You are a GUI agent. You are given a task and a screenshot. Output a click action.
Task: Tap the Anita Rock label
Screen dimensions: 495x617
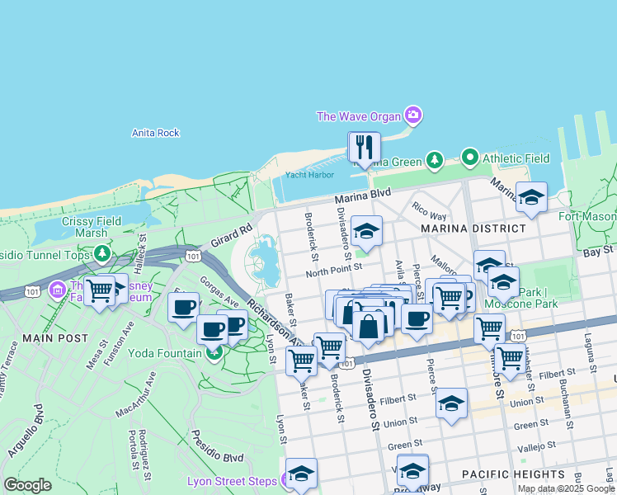[x=156, y=133]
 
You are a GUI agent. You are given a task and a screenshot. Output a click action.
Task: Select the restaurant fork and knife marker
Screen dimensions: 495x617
[x=365, y=148]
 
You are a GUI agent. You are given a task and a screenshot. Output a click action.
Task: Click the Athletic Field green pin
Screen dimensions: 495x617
[x=470, y=156]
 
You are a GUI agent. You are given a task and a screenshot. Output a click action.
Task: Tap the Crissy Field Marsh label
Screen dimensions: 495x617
[x=92, y=227]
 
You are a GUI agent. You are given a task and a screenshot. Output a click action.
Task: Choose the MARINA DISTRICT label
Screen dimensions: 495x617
[x=473, y=228]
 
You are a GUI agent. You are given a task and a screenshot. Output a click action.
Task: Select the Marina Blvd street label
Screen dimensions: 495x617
[x=360, y=198]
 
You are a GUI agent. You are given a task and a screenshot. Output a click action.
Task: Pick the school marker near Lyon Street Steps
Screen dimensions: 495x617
[x=302, y=474]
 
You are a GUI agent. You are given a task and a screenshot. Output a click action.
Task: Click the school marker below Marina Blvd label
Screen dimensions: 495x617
[x=366, y=231]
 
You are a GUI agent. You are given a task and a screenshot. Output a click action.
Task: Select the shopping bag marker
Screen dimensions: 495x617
[x=369, y=325]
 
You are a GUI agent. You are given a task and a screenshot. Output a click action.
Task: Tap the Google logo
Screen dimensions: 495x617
[x=27, y=485]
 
